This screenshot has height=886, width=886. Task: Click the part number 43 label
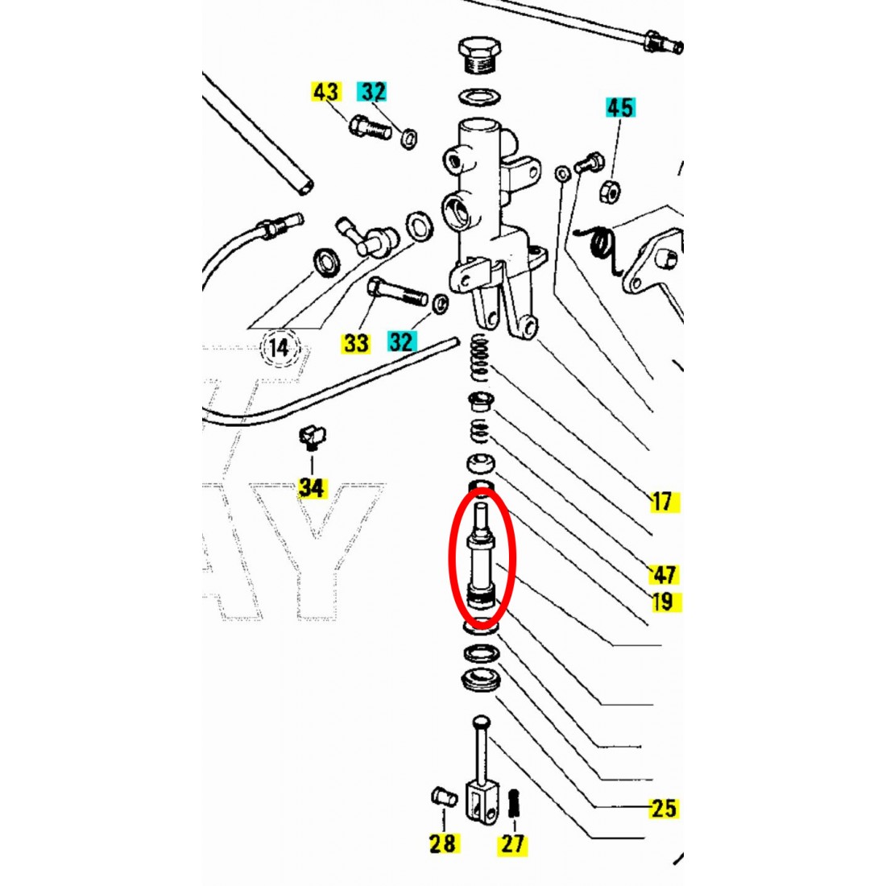click(x=325, y=91)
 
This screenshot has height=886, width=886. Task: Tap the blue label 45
click(x=619, y=107)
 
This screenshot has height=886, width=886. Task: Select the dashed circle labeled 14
click(x=278, y=349)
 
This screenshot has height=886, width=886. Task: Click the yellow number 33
click(x=355, y=343)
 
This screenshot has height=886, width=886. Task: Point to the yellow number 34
click(x=311, y=487)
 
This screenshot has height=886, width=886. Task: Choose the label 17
click(x=661, y=502)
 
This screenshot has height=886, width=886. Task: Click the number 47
click(x=664, y=574)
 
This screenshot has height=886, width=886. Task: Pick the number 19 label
click(x=663, y=602)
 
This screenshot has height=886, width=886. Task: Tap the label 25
click(x=663, y=808)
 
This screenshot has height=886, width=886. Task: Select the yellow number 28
click(x=443, y=843)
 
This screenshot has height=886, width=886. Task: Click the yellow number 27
click(x=512, y=843)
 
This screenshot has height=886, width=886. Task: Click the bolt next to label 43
click(x=370, y=127)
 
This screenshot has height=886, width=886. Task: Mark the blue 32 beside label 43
click(x=373, y=91)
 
